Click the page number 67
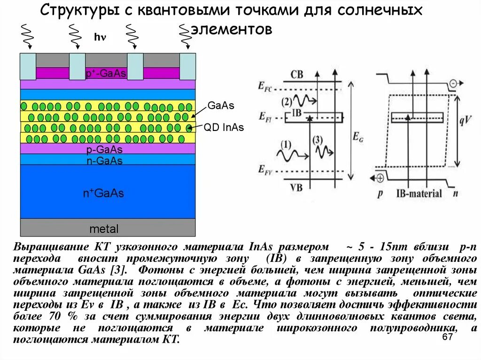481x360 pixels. pos(447,338)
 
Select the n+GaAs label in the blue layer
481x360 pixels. pos(103,193)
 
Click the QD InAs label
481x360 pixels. pos(224,128)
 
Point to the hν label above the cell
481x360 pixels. pos(100,37)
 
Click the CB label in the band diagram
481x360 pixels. pos(297,75)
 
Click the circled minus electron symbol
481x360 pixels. pos(453,84)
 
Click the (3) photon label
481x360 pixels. pos(318,139)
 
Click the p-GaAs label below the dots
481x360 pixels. pos(104,150)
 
